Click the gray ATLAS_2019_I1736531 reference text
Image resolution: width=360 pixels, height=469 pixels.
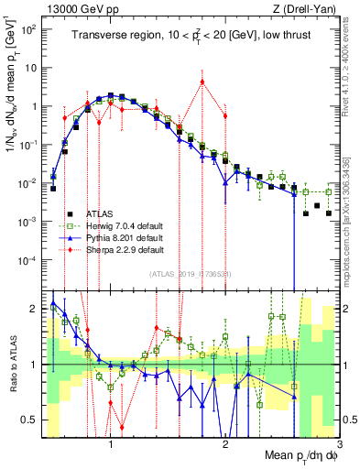[191, 274]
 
